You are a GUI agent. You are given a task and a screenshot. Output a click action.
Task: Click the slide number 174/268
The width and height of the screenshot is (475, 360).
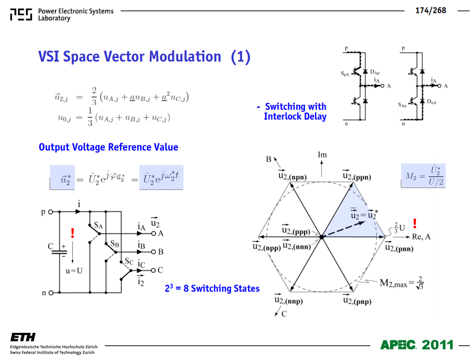[430, 10]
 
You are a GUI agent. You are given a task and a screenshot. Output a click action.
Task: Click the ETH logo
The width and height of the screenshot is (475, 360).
[23, 337]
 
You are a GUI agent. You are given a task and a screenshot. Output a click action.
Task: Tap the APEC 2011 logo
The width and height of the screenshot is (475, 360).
[417, 345]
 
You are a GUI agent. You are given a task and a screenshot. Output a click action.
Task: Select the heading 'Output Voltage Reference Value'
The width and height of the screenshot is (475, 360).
[109, 147]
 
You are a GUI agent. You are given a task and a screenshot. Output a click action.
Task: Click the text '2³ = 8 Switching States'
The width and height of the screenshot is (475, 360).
[212, 288]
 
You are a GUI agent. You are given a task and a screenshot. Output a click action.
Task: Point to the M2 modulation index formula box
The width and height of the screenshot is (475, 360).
[423, 176]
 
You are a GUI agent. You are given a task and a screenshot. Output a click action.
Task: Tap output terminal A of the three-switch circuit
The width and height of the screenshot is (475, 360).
[154, 233]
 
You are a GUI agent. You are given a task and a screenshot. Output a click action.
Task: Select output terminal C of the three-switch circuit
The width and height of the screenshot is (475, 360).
[153, 270]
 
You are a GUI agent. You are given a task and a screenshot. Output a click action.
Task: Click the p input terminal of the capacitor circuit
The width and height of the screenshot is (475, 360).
[51, 212]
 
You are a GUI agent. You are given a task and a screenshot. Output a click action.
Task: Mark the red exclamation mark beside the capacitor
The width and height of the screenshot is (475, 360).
[72, 233]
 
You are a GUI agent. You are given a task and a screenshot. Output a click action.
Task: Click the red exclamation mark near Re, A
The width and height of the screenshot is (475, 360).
[415, 224]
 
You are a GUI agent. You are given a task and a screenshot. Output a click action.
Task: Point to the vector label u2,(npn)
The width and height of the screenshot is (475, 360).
[293, 175]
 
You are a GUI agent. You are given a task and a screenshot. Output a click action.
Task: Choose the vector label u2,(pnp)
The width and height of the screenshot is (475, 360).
[357, 300]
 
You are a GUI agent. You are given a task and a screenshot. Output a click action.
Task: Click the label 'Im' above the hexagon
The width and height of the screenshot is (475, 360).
[322, 155]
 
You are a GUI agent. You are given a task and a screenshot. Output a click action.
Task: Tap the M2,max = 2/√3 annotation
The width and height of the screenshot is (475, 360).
[402, 283]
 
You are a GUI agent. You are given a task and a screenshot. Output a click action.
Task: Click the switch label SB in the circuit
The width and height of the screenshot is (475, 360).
[115, 244]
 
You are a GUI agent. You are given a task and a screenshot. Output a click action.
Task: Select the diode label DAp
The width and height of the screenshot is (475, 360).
[375, 72]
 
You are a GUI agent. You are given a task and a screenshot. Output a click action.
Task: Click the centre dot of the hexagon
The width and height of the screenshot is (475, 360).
[322, 237]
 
